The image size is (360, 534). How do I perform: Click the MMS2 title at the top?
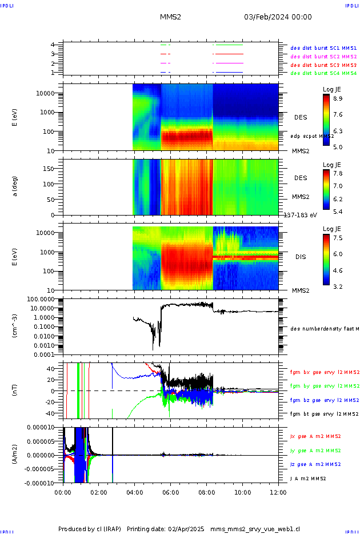[170, 17]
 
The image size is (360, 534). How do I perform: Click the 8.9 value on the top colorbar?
[338, 99]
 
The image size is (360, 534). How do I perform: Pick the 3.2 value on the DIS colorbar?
[338, 286]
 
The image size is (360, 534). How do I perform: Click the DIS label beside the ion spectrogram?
[301, 257]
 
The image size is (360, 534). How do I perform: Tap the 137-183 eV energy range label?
[300, 215]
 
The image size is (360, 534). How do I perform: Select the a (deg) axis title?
[16, 186]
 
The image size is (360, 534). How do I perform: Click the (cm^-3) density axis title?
[16, 326]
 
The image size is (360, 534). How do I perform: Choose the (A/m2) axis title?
[16, 455]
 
